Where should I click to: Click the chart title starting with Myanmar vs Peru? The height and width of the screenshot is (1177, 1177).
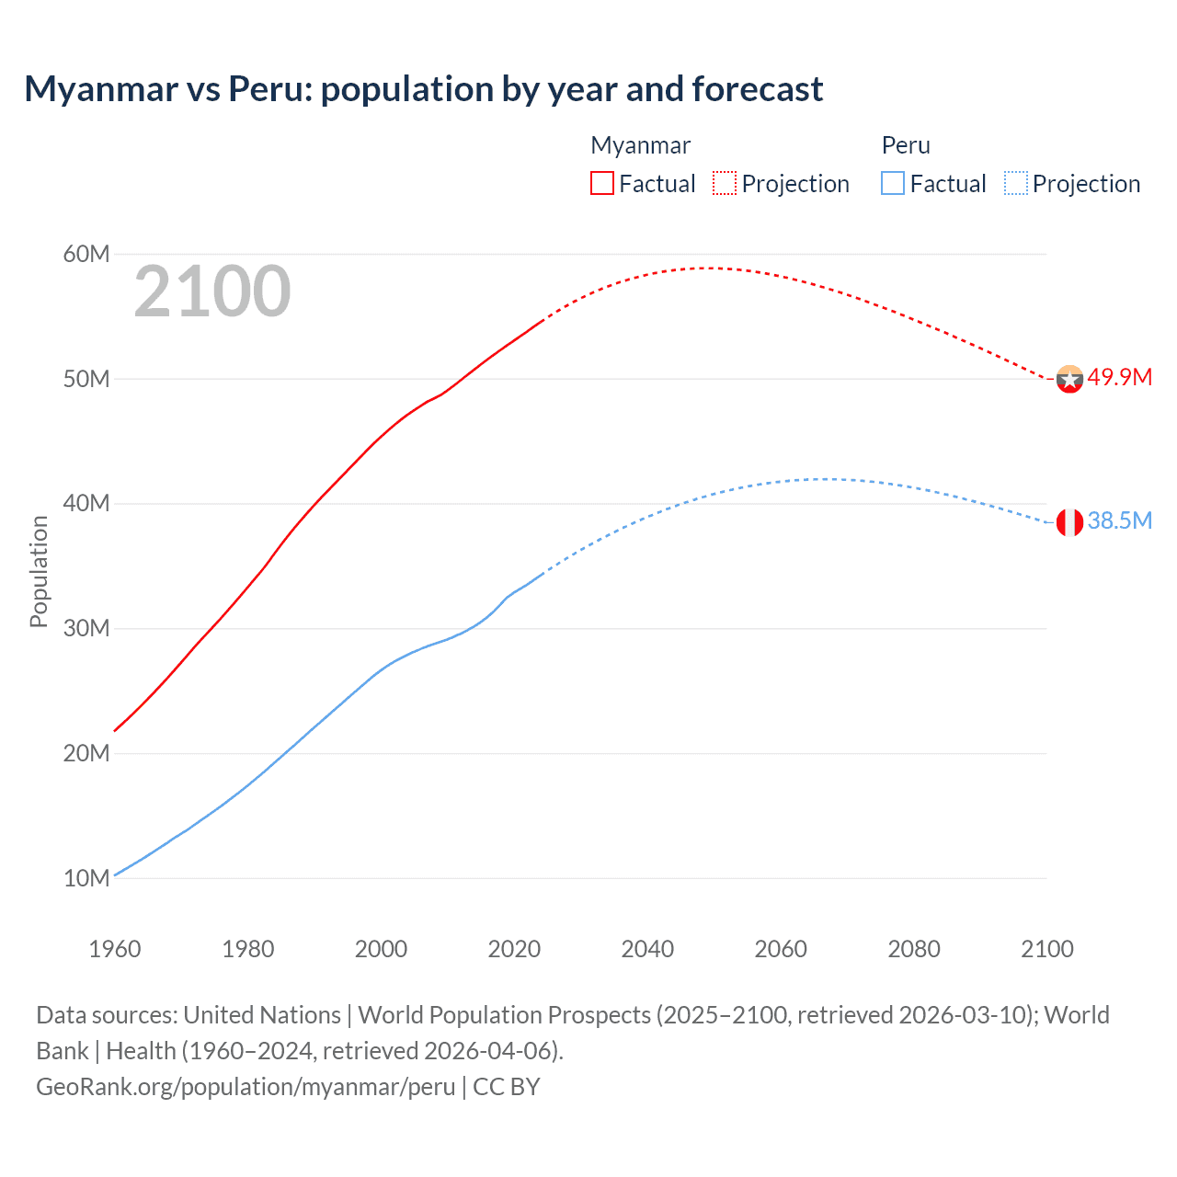click(x=423, y=89)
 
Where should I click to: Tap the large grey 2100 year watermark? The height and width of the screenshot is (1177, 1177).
click(x=212, y=291)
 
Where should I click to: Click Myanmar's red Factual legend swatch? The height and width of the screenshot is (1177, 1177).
click(x=601, y=183)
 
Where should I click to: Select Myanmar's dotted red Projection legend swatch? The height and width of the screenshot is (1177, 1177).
click(x=725, y=183)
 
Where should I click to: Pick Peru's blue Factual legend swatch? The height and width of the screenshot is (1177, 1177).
click(x=892, y=183)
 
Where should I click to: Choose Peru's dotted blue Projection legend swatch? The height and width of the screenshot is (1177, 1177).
click(x=1015, y=183)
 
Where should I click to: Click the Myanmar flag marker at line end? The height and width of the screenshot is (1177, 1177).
click(x=1069, y=379)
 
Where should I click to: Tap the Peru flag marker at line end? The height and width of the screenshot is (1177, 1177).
click(x=1069, y=522)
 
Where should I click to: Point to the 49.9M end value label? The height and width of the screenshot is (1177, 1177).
click(x=1119, y=378)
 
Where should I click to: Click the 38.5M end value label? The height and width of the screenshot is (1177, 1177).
click(x=1119, y=521)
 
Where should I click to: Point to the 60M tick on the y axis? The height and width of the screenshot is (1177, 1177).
click(x=86, y=255)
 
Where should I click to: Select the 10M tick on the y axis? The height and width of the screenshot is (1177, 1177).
click(x=86, y=878)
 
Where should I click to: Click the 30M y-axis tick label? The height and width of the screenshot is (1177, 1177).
click(x=86, y=629)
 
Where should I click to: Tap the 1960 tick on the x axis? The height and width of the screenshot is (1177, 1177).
click(x=115, y=949)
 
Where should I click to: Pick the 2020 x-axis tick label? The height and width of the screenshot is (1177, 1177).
click(x=514, y=949)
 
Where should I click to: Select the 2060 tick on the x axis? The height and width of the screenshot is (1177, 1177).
click(x=781, y=949)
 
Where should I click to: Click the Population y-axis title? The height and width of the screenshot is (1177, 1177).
click(x=39, y=571)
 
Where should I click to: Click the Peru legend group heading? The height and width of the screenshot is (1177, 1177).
click(x=906, y=145)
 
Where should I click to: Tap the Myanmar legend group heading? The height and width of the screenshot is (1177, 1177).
click(x=640, y=145)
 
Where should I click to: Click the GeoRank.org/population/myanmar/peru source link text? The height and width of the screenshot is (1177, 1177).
click(x=246, y=1087)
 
